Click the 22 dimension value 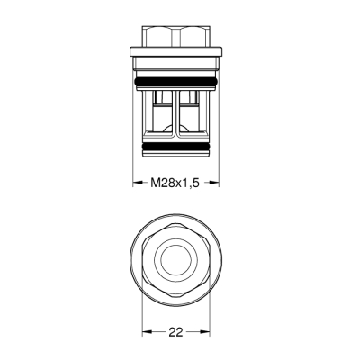176,331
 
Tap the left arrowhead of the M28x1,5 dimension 137,182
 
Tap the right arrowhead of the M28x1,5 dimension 216,182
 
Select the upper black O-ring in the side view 176,82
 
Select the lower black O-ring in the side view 176,143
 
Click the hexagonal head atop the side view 176,40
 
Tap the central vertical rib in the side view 176,112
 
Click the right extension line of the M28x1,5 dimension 220,166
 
